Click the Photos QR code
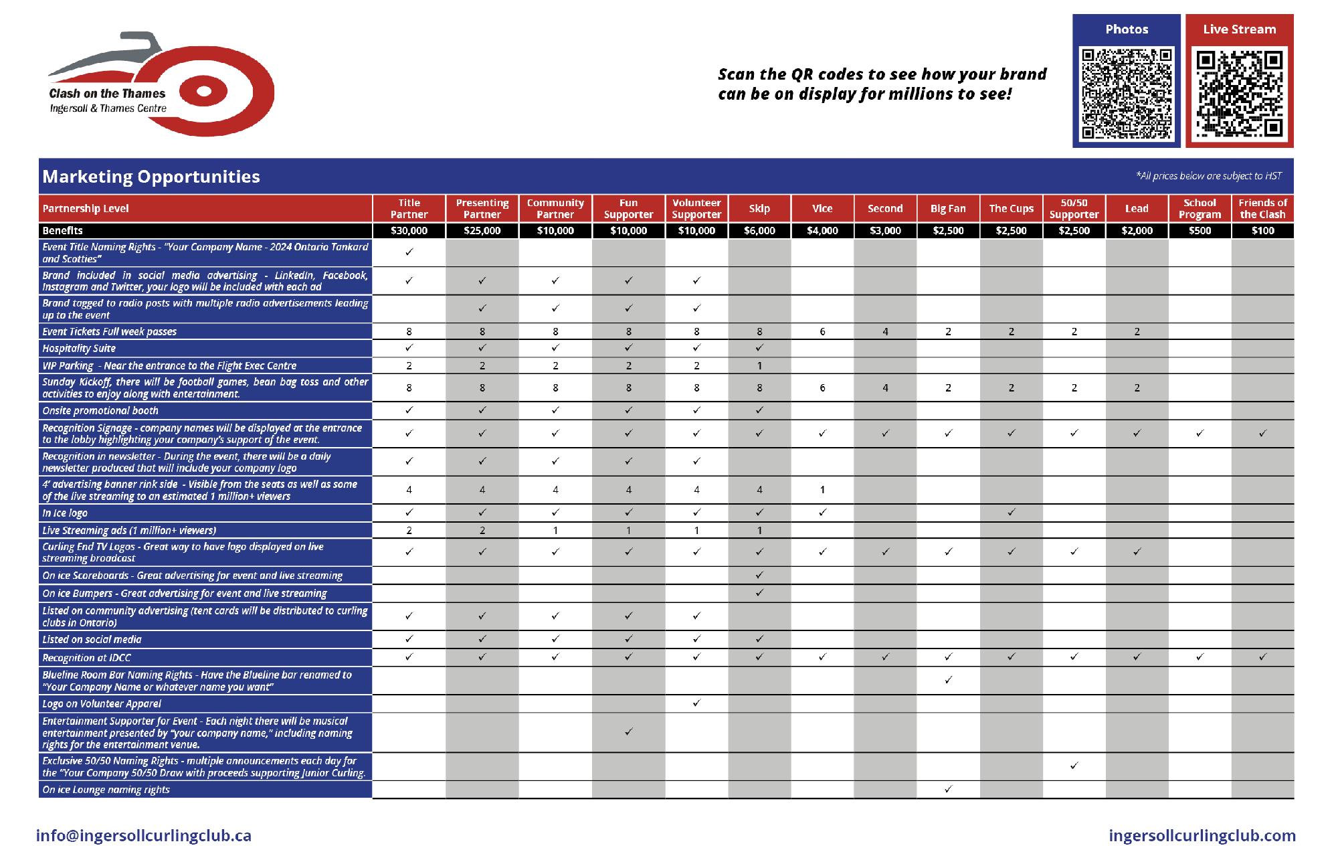1127,93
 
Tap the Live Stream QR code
1240,93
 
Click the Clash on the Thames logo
161,84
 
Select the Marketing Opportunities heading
151,177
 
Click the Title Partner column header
409,209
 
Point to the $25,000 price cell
482,231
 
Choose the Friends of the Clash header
1262,209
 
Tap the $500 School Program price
1200,231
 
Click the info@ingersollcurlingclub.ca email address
144,836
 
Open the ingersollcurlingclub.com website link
1202,836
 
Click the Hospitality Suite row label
79,349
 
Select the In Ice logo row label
65,513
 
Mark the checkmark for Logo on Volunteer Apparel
696,703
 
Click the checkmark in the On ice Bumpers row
759,593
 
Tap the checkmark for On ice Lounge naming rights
948,790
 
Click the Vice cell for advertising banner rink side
822,490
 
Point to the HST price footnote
1209,176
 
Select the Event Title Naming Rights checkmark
409,252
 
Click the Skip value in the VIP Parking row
759,366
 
